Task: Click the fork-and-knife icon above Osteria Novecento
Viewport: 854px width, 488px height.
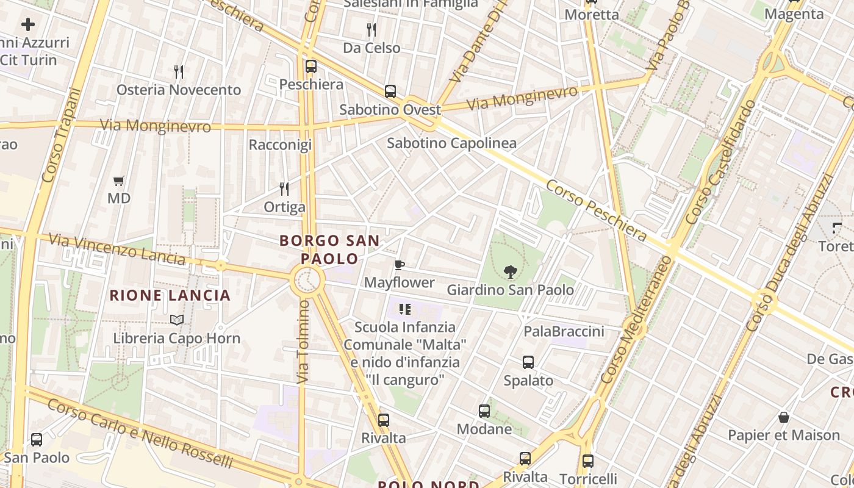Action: click(179, 72)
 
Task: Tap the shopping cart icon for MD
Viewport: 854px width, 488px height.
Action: click(119, 181)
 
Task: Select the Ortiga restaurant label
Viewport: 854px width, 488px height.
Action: click(284, 207)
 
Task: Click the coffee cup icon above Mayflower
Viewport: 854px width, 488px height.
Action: click(400, 265)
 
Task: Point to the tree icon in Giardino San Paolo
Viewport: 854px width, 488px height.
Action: click(511, 272)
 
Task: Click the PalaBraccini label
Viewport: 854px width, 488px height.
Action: click(564, 331)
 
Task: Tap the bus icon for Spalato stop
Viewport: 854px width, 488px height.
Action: click(528, 362)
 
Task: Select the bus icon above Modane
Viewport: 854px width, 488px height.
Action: click(484, 411)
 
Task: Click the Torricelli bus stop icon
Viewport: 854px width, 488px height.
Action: click(588, 461)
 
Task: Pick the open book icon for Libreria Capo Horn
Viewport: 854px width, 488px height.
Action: click(177, 320)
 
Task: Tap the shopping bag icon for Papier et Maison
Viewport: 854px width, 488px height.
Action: click(784, 417)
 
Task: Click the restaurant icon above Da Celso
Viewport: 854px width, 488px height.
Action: click(371, 29)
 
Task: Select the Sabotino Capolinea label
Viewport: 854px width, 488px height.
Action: click(451, 143)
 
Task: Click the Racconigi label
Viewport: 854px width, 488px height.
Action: click(280, 145)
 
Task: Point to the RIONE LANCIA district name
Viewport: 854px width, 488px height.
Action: click(170, 296)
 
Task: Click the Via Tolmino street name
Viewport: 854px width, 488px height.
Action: click(303, 342)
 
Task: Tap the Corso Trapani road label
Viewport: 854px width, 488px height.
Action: click(61, 135)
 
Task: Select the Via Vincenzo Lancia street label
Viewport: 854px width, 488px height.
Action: click(117, 248)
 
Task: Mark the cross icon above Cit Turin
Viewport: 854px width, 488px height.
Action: click(28, 24)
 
